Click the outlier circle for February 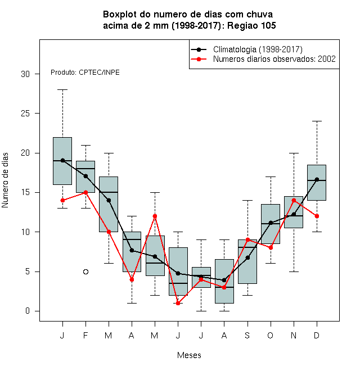tap(85, 272)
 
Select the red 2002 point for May tap(155, 216)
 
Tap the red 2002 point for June tap(178, 303)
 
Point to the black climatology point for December tap(317, 179)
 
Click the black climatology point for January tap(63, 160)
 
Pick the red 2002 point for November tap(294, 201)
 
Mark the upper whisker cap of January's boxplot tap(63, 90)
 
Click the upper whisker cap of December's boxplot tap(317, 121)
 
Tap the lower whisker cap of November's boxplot tap(294, 272)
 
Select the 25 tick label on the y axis tap(25, 114)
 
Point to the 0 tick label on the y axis tap(28, 311)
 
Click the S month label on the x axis tap(247, 335)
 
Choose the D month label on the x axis tap(317, 335)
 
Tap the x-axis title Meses tap(189, 355)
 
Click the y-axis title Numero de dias tap(5, 180)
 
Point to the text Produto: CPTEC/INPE tap(85, 73)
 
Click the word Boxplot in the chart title tap(120, 15)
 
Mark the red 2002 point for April tap(132, 279)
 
